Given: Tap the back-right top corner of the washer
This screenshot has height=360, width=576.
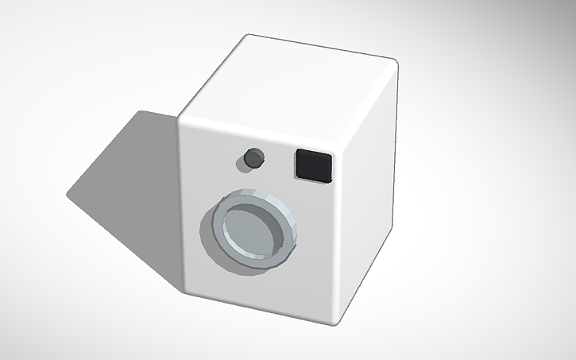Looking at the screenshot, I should tap(395, 64).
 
